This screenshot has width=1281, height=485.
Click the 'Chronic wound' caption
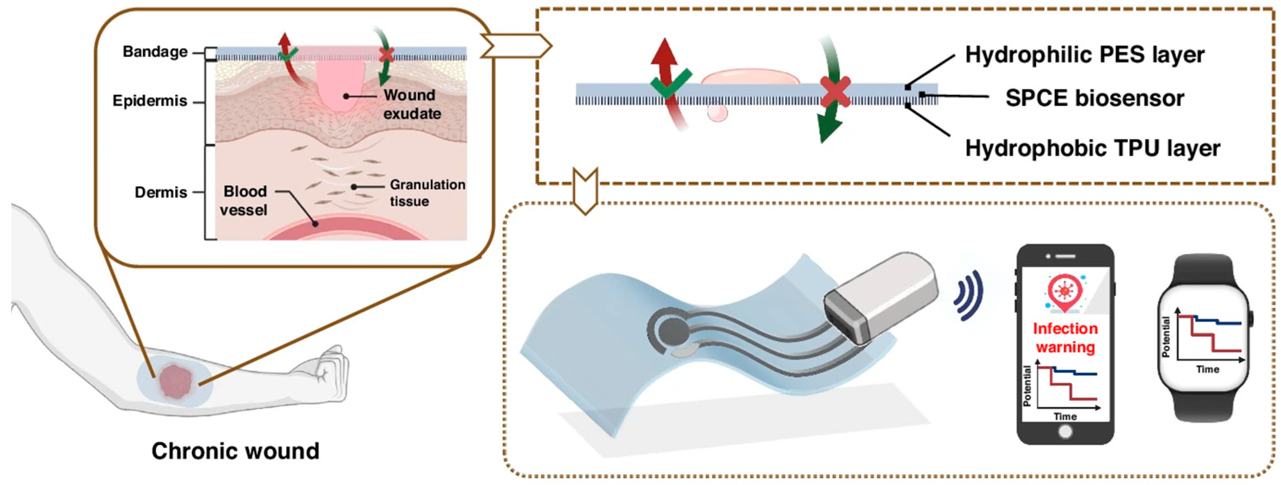click(x=235, y=451)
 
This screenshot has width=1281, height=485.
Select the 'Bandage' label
click(x=155, y=52)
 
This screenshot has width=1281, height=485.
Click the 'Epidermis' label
click(x=150, y=101)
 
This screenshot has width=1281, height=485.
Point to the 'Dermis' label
click(x=161, y=192)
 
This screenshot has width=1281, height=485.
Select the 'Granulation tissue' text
click(x=427, y=193)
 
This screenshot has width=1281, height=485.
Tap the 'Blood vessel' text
click(x=244, y=200)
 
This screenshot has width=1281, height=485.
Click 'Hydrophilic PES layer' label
click(x=1085, y=55)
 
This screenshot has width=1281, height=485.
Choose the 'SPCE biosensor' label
click(x=1095, y=98)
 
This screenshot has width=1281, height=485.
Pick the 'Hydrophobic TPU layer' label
click(x=1093, y=148)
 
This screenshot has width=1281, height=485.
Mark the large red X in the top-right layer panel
click(x=835, y=92)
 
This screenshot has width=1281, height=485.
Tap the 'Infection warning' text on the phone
click(x=1065, y=337)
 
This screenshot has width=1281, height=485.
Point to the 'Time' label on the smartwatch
click(x=1207, y=369)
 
